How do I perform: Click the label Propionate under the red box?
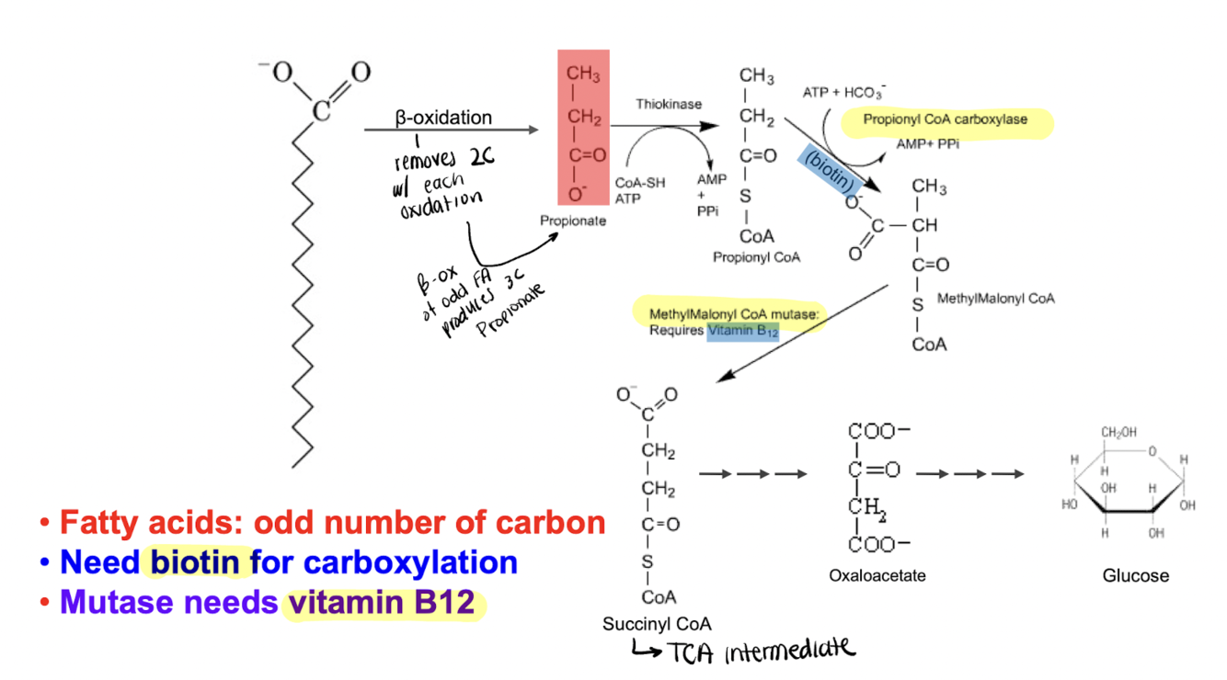(573, 221)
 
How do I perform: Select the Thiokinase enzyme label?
(668, 105)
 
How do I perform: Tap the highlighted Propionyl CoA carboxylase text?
(945, 119)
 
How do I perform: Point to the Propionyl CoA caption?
(756, 257)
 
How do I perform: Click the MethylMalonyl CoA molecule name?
(995, 299)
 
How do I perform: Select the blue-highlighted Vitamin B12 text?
(743, 332)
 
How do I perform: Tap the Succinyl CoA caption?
(657, 624)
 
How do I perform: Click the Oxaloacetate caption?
(877, 576)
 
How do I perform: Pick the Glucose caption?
(1136, 576)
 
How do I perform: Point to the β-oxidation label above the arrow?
(443, 118)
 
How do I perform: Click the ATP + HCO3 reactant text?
(843, 93)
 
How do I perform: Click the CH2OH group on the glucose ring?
(1118, 431)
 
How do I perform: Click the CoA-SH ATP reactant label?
(639, 190)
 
